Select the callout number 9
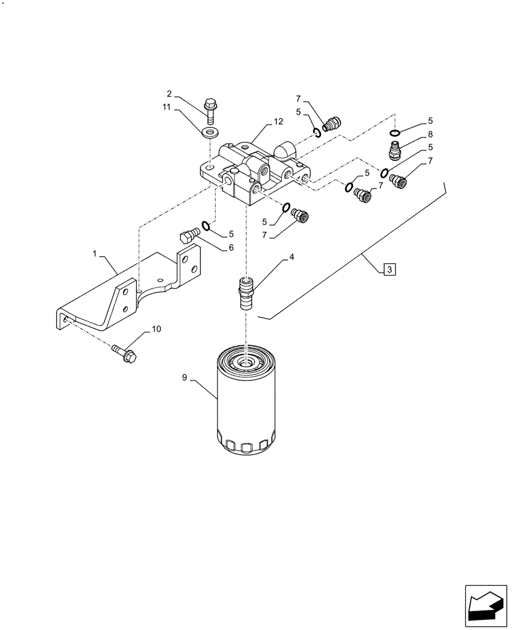click(185, 378)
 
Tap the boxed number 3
click(390, 270)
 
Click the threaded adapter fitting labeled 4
click(245, 292)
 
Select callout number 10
click(156, 329)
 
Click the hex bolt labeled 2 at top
click(210, 111)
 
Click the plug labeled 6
click(189, 236)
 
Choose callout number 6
click(231, 248)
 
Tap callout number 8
click(430, 134)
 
